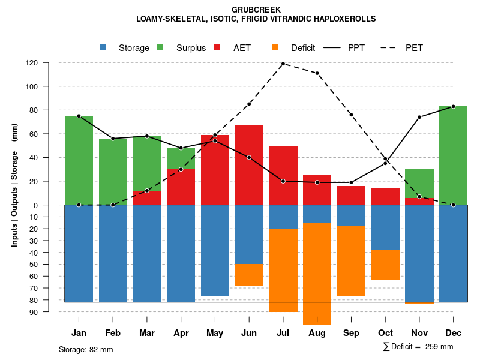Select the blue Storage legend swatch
point(103,47)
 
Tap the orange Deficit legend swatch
point(275,47)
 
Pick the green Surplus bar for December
point(453,155)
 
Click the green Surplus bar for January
point(79,160)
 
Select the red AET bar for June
point(249,165)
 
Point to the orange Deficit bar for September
point(351,261)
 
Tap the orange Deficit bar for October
point(385,265)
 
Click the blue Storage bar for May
point(215,250)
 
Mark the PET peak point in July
point(283,64)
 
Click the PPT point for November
point(419,117)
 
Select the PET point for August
point(317,73)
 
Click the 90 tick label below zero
point(34,312)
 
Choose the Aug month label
point(317,333)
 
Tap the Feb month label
point(113,333)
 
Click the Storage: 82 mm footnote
point(86,349)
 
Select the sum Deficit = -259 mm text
point(418,346)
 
